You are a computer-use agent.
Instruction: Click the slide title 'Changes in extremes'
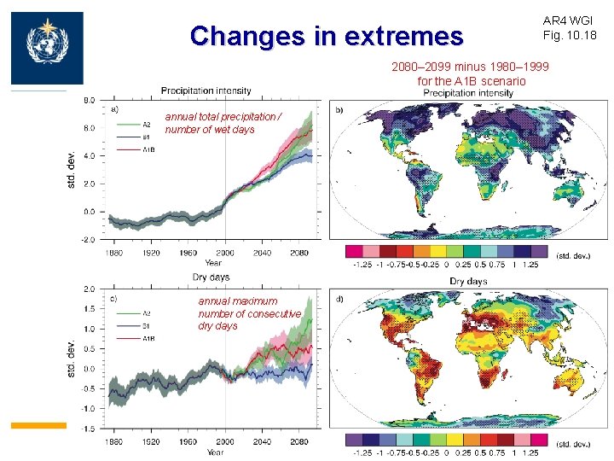pyautogui.click(x=327, y=36)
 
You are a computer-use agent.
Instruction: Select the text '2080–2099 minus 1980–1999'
pyautogui.click(x=470, y=67)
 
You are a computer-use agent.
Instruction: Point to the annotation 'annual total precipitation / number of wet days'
pyautogui.click(x=221, y=123)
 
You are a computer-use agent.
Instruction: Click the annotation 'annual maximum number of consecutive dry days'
pyautogui.click(x=249, y=313)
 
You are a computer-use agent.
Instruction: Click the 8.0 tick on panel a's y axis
pyautogui.click(x=90, y=100)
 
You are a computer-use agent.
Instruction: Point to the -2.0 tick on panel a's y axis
pyautogui.click(x=89, y=240)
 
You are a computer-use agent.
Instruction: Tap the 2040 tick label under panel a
pyautogui.click(x=262, y=253)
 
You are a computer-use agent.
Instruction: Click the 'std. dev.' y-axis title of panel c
pyautogui.click(x=71, y=359)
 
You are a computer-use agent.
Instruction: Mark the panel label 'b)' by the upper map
pyautogui.click(x=339, y=111)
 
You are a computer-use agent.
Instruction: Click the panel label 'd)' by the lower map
pyautogui.click(x=339, y=299)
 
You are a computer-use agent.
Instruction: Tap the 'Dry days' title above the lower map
pyautogui.click(x=467, y=281)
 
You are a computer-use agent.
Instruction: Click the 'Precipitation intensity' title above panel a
pyautogui.click(x=206, y=90)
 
